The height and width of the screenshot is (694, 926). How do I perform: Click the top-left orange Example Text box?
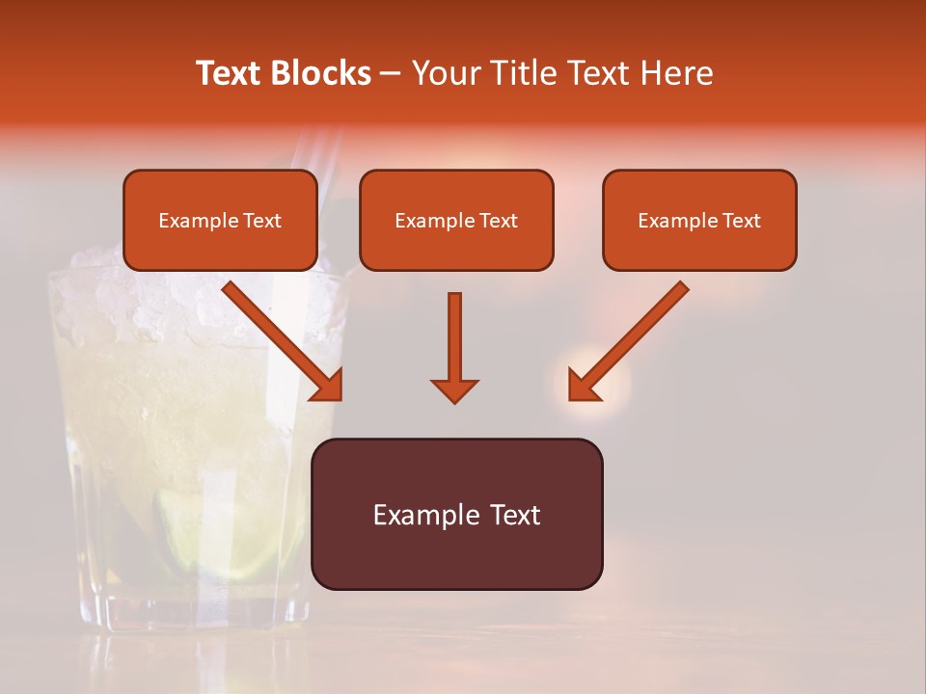220,221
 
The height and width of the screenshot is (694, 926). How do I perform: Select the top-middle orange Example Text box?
456,221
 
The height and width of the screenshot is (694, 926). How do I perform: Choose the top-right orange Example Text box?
699,221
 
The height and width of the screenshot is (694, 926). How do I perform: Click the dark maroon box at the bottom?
456,515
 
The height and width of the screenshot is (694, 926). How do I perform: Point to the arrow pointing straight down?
454,347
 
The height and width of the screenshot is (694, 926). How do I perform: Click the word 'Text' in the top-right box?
741,221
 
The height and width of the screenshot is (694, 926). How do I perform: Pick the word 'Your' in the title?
447,73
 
